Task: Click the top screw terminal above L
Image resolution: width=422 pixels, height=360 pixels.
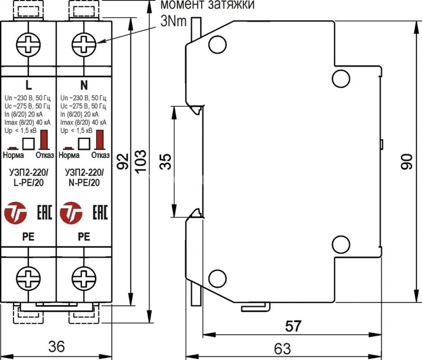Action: (28, 45)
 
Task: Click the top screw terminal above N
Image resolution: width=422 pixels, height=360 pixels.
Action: (84, 45)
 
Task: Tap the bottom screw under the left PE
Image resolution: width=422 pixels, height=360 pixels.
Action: (28, 278)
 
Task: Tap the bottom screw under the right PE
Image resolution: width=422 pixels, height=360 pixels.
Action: (84, 278)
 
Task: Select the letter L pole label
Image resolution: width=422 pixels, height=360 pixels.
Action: (28, 85)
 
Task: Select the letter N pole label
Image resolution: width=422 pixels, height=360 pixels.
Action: (84, 85)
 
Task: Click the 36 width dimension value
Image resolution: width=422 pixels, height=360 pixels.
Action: (57, 346)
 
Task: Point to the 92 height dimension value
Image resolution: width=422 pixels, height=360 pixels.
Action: (123, 162)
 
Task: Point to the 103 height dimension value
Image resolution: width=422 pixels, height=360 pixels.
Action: (141, 162)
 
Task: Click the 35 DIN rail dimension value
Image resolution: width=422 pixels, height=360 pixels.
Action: (166, 162)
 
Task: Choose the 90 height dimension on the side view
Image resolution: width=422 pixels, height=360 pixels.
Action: (406, 162)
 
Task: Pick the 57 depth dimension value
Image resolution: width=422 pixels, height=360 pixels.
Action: (293, 326)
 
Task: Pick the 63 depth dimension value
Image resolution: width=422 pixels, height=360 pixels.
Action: (283, 349)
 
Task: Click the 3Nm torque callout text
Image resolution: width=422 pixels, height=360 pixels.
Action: (174, 21)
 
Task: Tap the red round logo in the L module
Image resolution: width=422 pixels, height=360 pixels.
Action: (15, 213)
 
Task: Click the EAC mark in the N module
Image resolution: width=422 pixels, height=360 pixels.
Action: (100, 212)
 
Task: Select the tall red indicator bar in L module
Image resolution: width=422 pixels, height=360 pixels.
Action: (44, 139)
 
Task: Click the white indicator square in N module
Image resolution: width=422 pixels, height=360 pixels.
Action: (84, 144)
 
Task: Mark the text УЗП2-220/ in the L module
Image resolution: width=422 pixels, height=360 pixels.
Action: (28, 172)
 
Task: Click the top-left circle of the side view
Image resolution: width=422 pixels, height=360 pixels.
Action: (217, 45)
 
